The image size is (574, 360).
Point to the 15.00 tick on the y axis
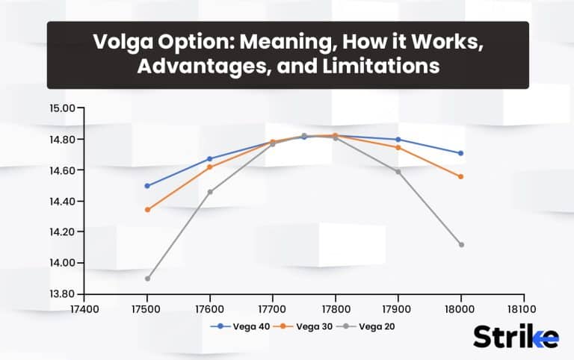coord(63,108)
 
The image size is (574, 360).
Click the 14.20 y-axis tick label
coord(63,232)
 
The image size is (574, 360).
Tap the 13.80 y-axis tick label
coord(63,294)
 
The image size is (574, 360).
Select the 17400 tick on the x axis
coord(84,308)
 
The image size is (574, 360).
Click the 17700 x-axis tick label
coord(272,308)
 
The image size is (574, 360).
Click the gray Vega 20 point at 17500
coord(147,279)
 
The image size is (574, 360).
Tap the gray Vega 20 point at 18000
coord(461,245)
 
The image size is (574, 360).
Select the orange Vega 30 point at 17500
coord(147,210)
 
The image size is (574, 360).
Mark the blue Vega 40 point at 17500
coord(147,186)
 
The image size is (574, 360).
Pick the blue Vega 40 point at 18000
coord(461,153)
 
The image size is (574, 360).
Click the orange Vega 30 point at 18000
coord(461,177)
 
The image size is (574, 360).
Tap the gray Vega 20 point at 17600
coord(210,192)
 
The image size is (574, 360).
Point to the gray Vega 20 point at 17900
coord(398,172)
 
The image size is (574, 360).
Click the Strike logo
coord(516,336)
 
